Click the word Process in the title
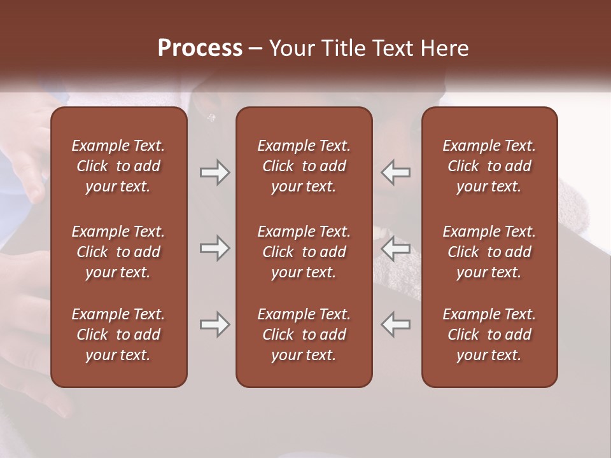click(200, 48)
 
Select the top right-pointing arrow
click(214, 172)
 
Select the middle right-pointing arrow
click(214, 248)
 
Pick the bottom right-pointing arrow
click(214, 324)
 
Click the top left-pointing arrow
click(396, 172)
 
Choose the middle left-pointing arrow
click(396, 248)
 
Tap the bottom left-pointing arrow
click(396, 324)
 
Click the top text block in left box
click(118, 166)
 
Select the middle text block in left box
click(118, 252)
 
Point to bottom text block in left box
click(118, 335)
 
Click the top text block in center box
click(304, 166)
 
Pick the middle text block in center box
click(304, 252)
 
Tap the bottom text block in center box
click(304, 335)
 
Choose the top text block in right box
click(489, 166)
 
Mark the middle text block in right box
click(489, 252)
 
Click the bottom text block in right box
click(489, 335)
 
